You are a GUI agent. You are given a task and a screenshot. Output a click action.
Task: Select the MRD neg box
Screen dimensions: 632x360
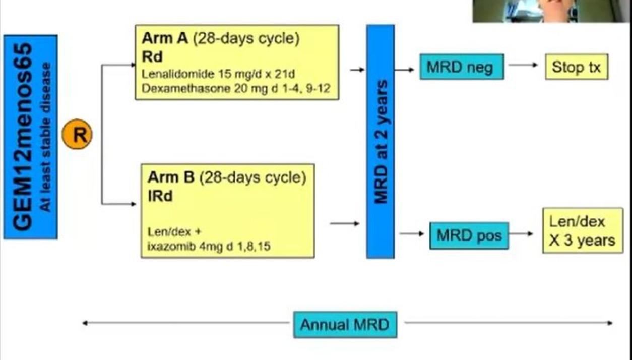click(461, 67)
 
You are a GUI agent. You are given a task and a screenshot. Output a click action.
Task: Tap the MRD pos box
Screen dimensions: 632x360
click(469, 235)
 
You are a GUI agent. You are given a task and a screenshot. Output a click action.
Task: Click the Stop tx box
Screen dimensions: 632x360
click(576, 67)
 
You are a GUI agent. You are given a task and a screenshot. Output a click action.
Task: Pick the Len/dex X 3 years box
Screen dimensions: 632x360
click(582, 230)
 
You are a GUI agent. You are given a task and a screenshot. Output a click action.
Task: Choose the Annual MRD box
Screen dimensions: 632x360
click(345, 324)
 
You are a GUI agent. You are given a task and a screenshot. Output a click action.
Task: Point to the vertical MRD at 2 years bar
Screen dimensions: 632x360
click(380, 141)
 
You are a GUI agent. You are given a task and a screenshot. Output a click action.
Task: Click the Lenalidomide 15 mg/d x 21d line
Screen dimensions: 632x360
click(218, 75)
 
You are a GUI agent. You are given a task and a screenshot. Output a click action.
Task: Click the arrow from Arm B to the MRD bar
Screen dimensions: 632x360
click(345, 223)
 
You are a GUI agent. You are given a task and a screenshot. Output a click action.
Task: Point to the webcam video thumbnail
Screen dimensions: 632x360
click(551, 11)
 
